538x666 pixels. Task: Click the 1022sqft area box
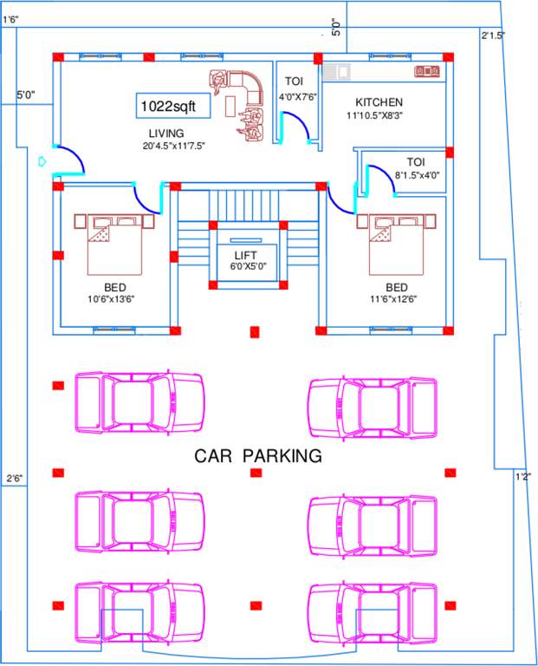coord(170,105)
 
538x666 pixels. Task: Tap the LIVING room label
coord(165,132)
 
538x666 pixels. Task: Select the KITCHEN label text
coord(379,102)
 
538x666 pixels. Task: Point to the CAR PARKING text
coord(257,455)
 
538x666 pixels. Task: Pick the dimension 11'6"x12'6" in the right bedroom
coord(397,298)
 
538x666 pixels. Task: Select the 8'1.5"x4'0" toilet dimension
coord(418,174)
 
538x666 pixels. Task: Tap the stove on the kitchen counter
coord(427,69)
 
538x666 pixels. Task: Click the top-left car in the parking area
coord(139,402)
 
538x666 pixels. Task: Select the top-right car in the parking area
coord(373,402)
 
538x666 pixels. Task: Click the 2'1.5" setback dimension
coord(492,36)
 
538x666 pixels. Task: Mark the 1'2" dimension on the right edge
coord(522,476)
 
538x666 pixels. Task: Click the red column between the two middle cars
coord(256,473)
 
